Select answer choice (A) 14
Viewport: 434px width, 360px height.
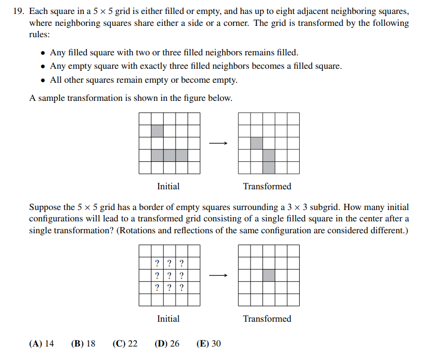pos(42,343)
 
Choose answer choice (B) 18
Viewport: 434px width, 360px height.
pos(83,343)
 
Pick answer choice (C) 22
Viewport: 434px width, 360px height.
pos(125,343)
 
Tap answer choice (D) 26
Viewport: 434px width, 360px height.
pos(167,343)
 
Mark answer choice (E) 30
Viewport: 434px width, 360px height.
pos(209,343)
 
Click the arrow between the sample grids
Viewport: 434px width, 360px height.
pos(219,143)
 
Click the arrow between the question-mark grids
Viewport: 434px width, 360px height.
pos(219,276)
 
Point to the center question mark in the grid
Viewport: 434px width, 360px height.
pos(169,276)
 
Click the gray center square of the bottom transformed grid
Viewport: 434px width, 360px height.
pos(269,276)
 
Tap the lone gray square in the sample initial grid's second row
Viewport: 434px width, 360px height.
pos(157,131)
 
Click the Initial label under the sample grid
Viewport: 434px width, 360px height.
pos(168,186)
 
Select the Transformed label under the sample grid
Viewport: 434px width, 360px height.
pos(267,186)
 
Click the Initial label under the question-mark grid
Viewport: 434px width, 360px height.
pos(168,319)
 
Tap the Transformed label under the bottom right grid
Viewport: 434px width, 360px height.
pos(267,319)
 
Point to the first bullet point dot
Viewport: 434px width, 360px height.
pos(42,53)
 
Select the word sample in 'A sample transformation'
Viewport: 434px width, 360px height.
pos(49,98)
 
